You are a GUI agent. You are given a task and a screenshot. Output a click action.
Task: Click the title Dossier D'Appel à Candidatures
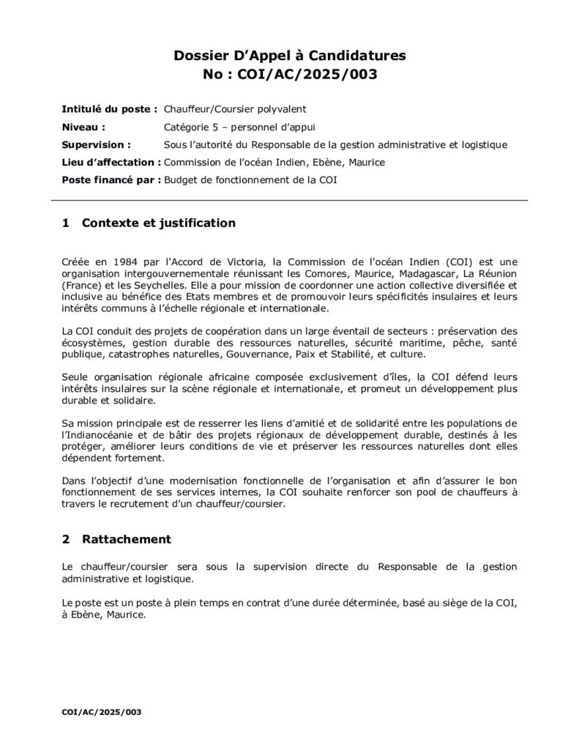[289, 55]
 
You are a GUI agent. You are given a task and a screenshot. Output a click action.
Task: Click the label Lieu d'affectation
[112, 162]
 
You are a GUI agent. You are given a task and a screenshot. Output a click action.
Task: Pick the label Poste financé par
[111, 179]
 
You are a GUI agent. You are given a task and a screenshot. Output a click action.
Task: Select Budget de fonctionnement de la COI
[251, 179]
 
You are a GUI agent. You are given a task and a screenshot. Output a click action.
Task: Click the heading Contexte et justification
[159, 223]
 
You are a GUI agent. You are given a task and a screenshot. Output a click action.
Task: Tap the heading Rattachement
[127, 539]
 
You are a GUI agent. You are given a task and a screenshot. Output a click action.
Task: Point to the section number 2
[66, 539]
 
